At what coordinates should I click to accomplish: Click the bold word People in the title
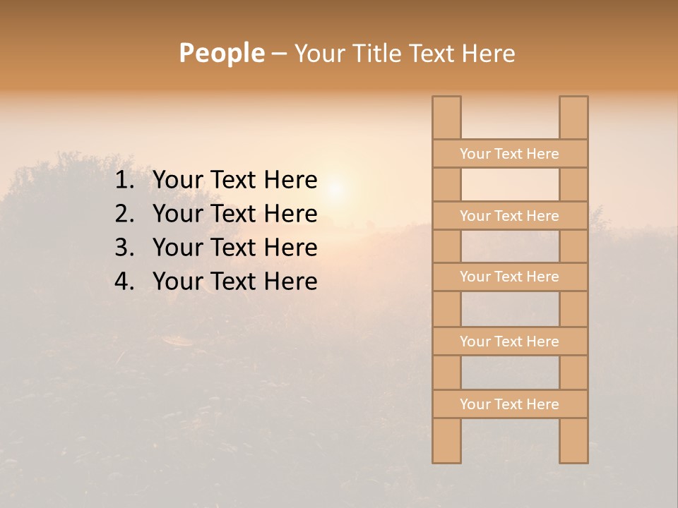pyautogui.click(x=221, y=53)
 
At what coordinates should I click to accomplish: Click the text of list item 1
pyautogui.click(x=234, y=181)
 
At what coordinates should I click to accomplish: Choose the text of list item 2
pyautogui.click(x=234, y=214)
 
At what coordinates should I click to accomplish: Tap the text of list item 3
pyautogui.click(x=234, y=248)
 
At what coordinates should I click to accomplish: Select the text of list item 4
pyautogui.click(x=234, y=282)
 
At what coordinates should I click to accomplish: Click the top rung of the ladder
pyautogui.click(x=509, y=154)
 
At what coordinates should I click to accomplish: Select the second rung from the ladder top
pyautogui.click(x=509, y=216)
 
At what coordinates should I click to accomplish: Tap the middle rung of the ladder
pyautogui.click(x=509, y=277)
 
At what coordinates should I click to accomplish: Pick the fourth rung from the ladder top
pyautogui.click(x=509, y=341)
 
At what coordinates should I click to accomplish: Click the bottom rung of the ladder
pyautogui.click(x=509, y=404)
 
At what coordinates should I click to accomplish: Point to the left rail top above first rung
pyautogui.click(x=446, y=118)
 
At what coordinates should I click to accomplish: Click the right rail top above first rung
pyautogui.click(x=573, y=118)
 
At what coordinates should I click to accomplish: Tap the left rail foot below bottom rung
pyautogui.click(x=446, y=440)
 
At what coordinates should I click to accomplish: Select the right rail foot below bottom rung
pyautogui.click(x=573, y=440)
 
